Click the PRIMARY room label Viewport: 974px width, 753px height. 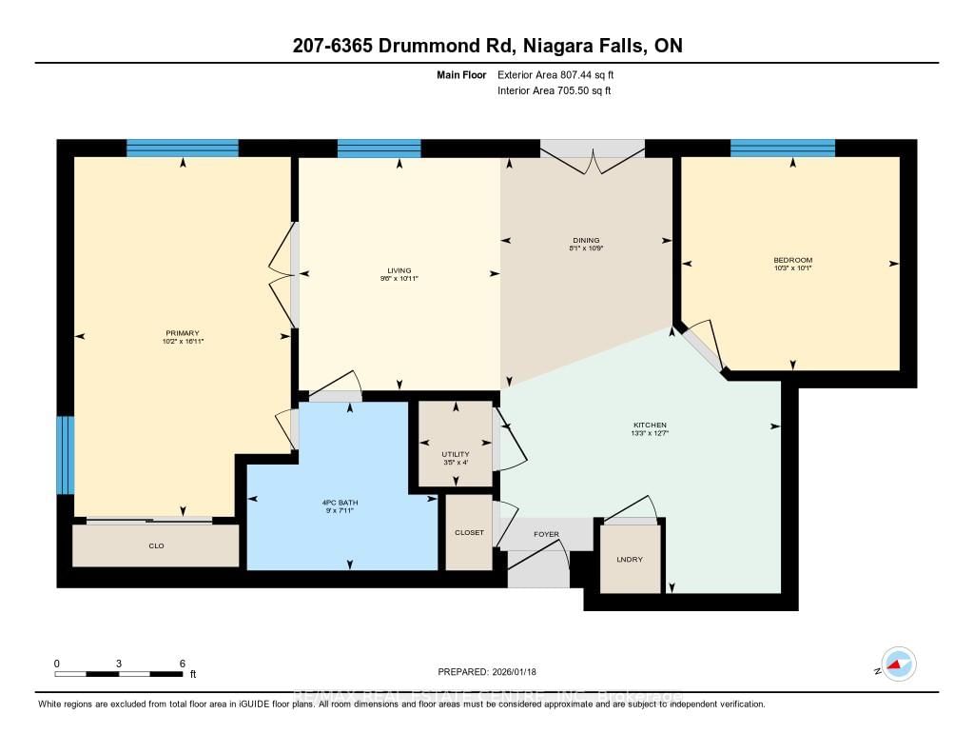click(181, 332)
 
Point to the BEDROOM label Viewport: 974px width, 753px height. click(792, 260)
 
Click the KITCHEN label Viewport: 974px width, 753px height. click(651, 425)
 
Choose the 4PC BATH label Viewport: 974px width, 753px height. click(341, 502)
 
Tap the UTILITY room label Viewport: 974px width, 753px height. click(456, 453)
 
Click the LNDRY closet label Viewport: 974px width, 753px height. click(629, 559)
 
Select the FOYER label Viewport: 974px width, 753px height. click(545, 534)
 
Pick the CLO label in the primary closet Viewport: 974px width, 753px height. click(156, 546)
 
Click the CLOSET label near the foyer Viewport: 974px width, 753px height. click(469, 532)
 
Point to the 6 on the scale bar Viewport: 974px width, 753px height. click(182, 663)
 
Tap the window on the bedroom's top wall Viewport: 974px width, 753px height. click(782, 148)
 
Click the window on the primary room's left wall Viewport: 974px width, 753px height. click(64, 455)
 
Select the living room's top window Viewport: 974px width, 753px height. click(379, 148)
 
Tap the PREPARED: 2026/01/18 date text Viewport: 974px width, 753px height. click(487, 671)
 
